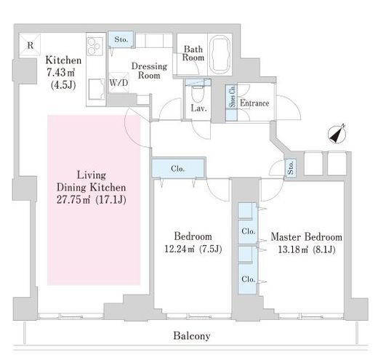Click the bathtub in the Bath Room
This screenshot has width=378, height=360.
(x=220, y=54)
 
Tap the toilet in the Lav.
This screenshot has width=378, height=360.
(x=198, y=94)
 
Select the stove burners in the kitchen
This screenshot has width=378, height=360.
(x=95, y=47)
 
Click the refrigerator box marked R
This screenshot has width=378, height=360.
(x=30, y=45)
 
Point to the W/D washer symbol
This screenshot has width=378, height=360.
(x=118, y=83)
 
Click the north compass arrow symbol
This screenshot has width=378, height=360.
(x=337, y=134)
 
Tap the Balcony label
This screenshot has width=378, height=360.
(x=192, y=336)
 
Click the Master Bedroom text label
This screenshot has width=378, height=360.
(x=307, y=236)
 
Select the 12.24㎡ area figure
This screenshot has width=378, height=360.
(x=180, y=249)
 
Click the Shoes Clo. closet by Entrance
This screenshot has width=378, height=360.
(x=232, y=103)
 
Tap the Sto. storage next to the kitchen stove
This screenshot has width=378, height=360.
(x=121, y=39)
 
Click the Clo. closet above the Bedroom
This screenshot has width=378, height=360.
(x=178, y=168)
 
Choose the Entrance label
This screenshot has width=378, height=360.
(x=254, y=103)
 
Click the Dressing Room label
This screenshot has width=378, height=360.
(x=149, y=71)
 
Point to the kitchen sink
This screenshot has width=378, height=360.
(x=96, y=89)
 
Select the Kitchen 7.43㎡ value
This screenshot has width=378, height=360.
(x=60, y=72)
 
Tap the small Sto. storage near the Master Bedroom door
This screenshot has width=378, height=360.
(x=290, y=167)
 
